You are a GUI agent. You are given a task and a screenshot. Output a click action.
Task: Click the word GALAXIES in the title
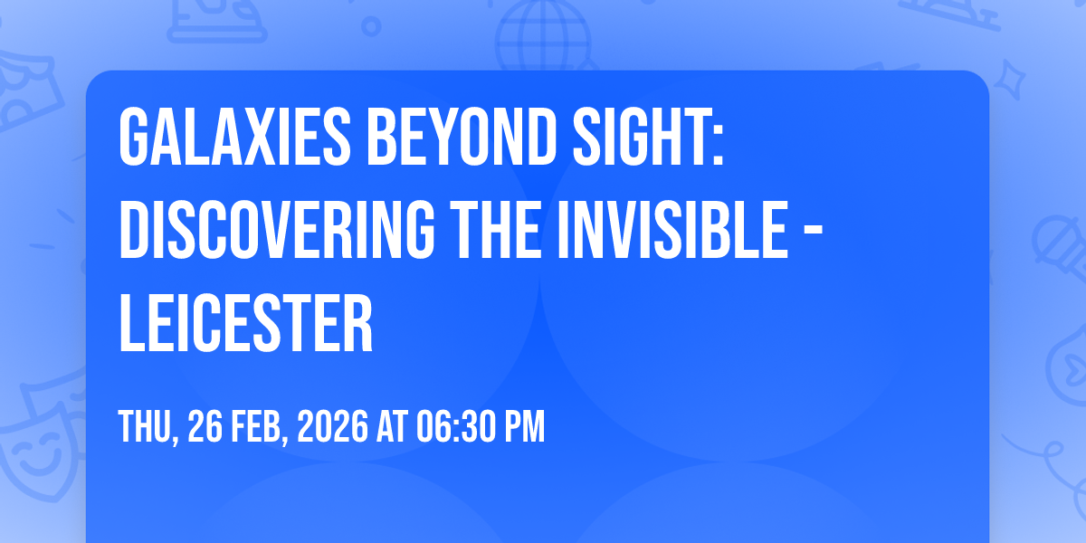point(234,138)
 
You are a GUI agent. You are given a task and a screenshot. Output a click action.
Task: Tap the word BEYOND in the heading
point(462,138)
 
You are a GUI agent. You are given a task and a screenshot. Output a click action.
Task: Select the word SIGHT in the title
point(641,138)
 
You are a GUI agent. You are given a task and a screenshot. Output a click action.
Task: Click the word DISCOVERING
point(277,230)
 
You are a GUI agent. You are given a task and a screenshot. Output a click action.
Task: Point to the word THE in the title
point(495,230)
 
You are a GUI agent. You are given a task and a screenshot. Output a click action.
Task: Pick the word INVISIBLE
point(673,230)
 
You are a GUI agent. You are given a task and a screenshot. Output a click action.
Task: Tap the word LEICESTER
point(246,323)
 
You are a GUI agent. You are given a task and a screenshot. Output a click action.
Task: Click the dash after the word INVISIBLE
point(814,233)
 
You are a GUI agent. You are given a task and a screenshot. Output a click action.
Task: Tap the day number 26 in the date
point(205,426)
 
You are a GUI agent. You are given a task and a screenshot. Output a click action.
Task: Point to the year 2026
point(333,426)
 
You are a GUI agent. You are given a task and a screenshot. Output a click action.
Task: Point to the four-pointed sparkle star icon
point(1009,80)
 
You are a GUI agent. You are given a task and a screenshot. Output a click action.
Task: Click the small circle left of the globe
point(371,26)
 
